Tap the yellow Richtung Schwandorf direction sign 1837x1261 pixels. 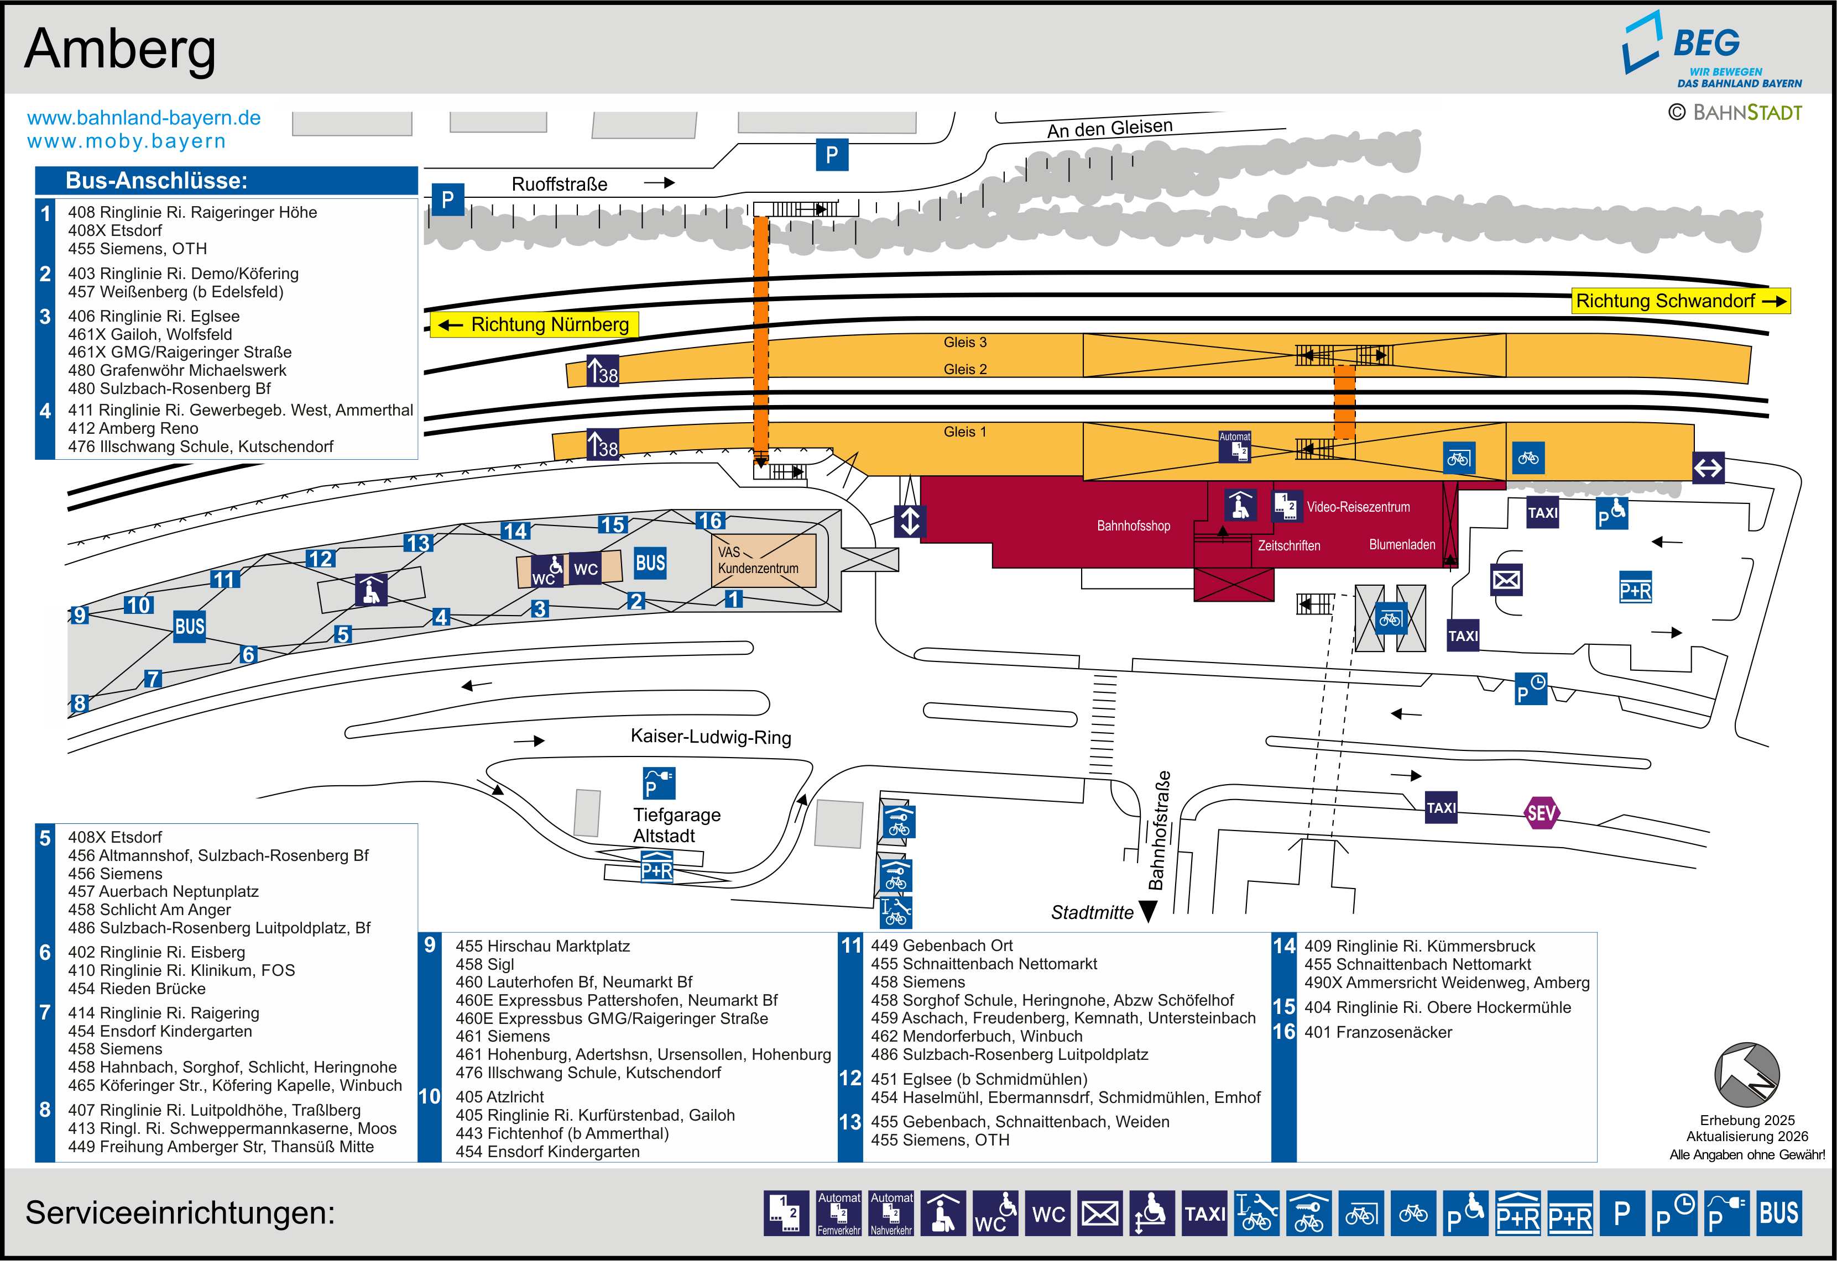click(x=1680, y=301)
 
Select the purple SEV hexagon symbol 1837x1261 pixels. click(x=1541, y=812)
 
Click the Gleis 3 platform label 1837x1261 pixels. click(x=964, y=342)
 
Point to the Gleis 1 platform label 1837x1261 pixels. click(x=964, y=432)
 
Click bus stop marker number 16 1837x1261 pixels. click(x=709, y=521)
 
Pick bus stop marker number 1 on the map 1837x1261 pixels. click(x=734, y=599)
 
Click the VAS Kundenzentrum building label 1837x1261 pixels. click(x=757, y=560)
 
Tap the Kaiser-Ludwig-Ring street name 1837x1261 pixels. click(x=710, y=737)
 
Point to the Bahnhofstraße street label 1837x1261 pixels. click(x=1159, y=829)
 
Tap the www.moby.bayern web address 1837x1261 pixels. click(x=127, y=141)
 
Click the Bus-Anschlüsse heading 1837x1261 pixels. click(x=156, y=181)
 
